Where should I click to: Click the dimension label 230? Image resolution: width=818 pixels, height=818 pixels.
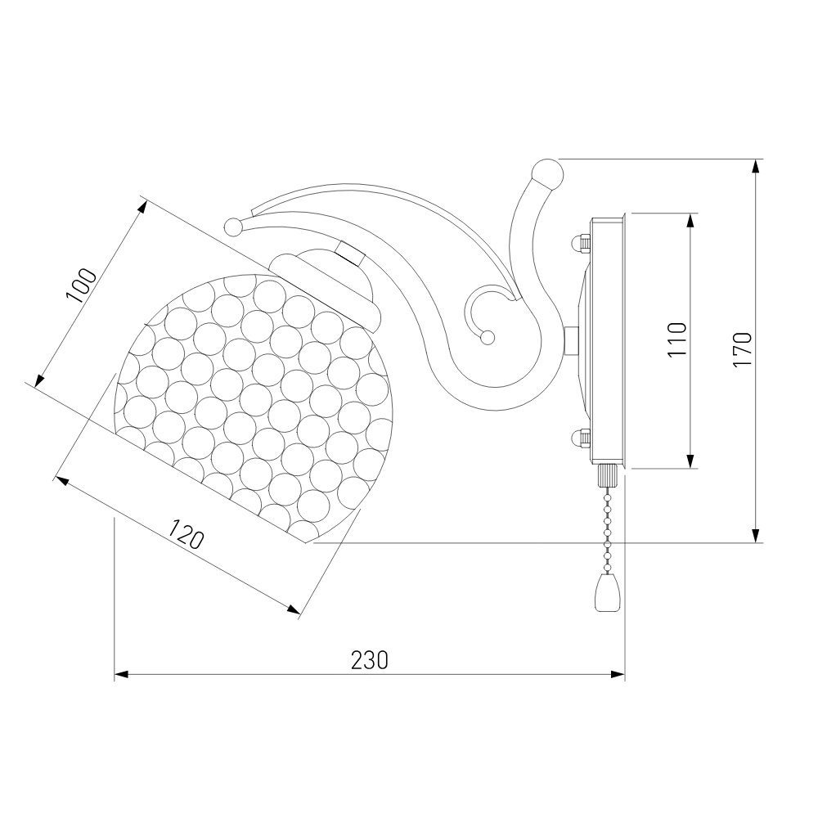(370, 660)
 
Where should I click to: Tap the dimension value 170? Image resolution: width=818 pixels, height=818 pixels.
(743, 349)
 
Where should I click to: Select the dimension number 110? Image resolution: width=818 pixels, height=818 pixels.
(677, 339)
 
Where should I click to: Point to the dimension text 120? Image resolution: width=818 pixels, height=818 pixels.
(185, 533)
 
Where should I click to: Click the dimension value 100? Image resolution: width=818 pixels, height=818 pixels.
(81, 285)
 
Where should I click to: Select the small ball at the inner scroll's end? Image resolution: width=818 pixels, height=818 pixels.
(488, 338)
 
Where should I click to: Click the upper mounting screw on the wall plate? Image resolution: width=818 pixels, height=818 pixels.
(580, 244)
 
